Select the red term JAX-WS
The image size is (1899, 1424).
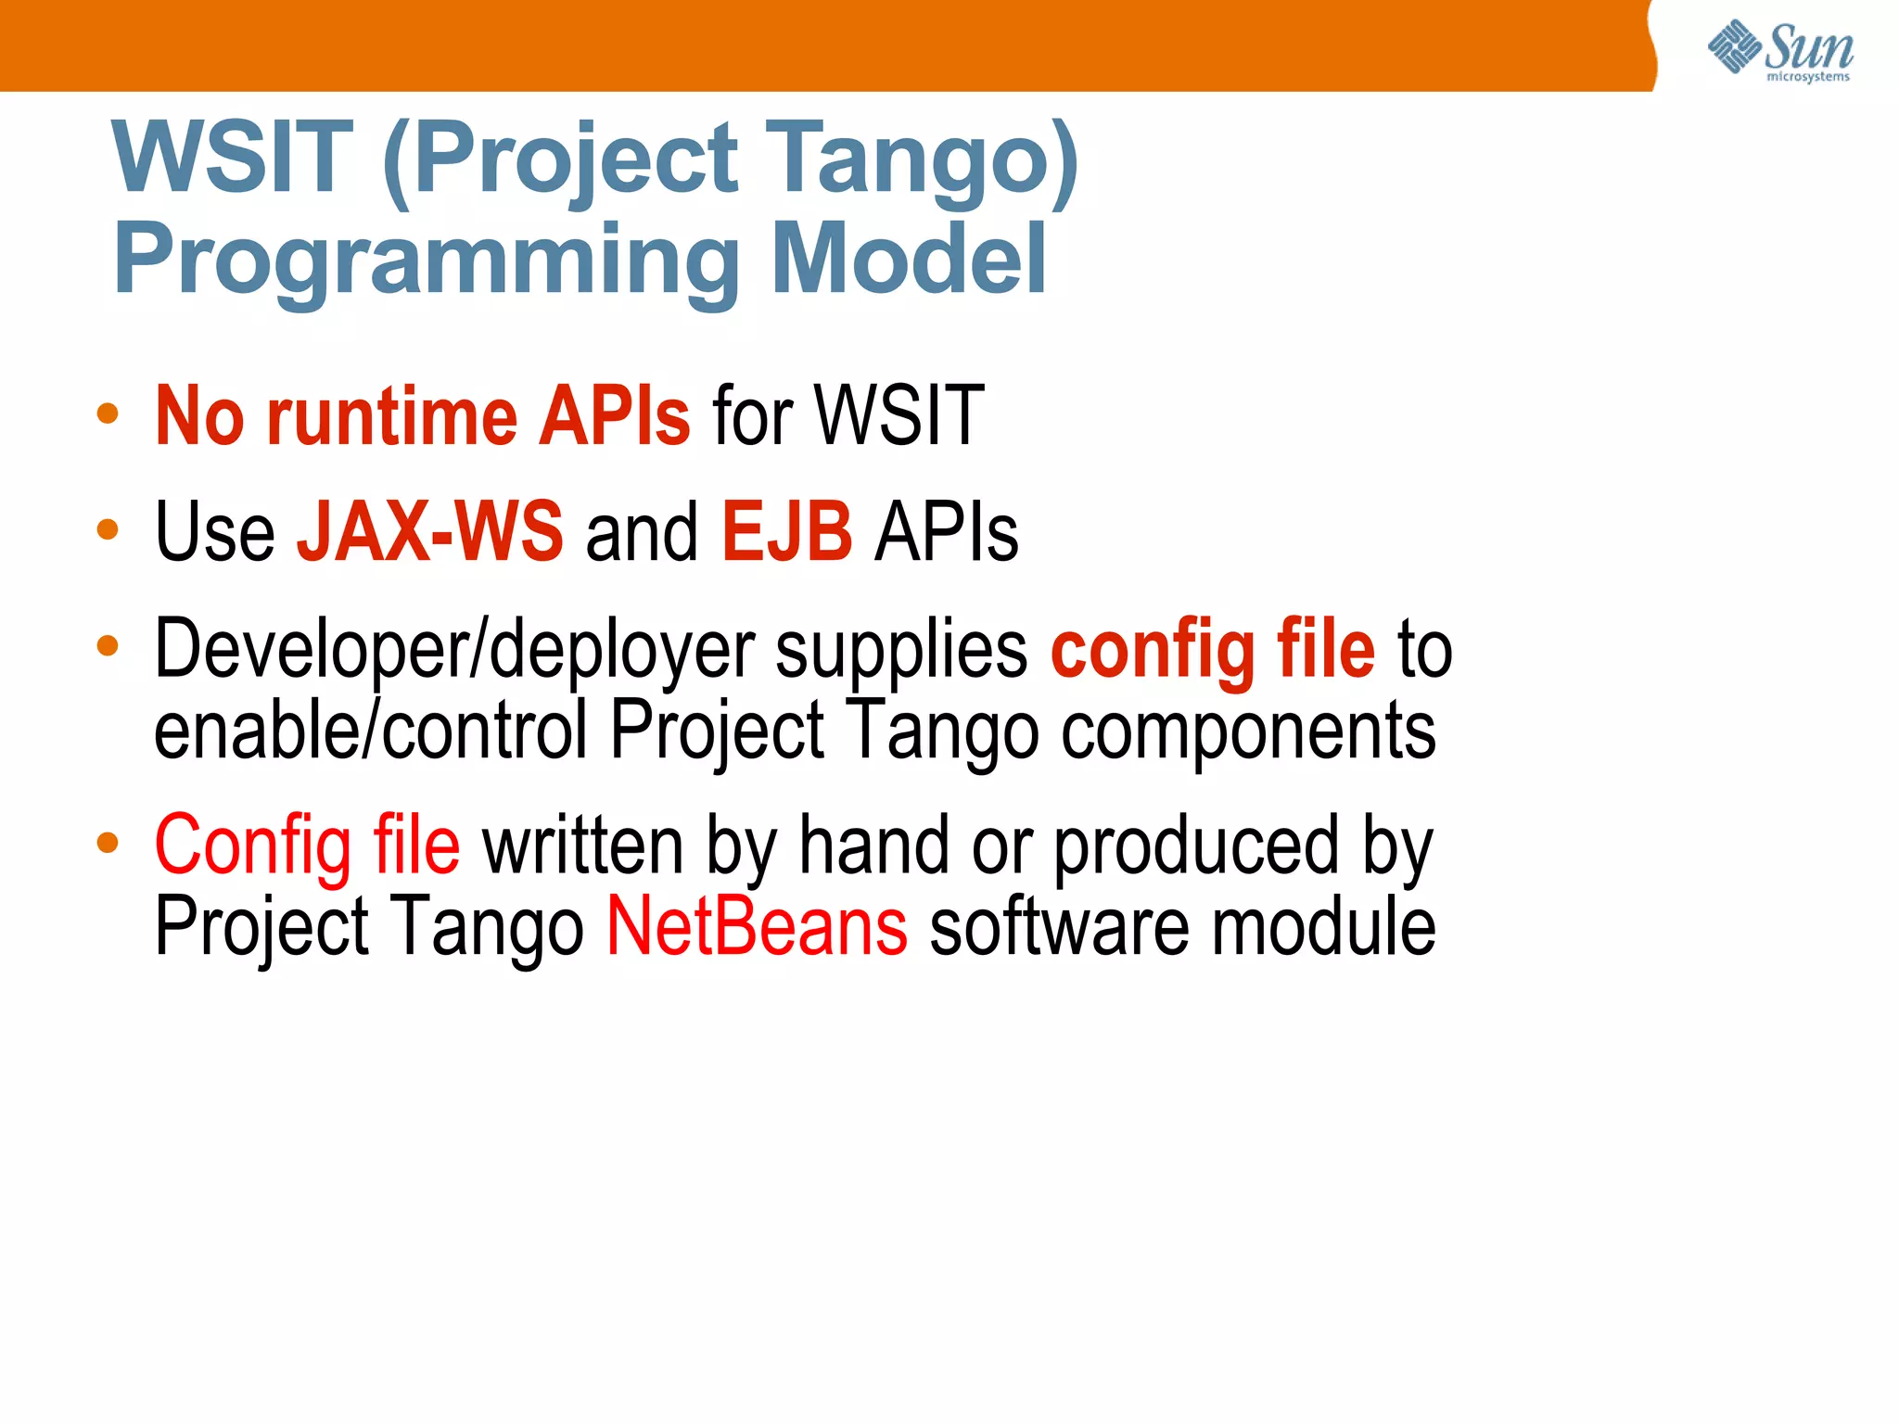[429, 532]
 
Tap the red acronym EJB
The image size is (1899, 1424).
[786, 532]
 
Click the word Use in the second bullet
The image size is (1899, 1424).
[214, 532]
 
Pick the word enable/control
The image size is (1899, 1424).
[371, 731]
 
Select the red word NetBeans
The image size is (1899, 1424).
[757, 927]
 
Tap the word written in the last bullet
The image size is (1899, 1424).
[583, 845]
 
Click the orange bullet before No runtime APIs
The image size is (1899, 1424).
[108, 413]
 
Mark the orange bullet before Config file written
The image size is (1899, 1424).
[108, 843]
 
